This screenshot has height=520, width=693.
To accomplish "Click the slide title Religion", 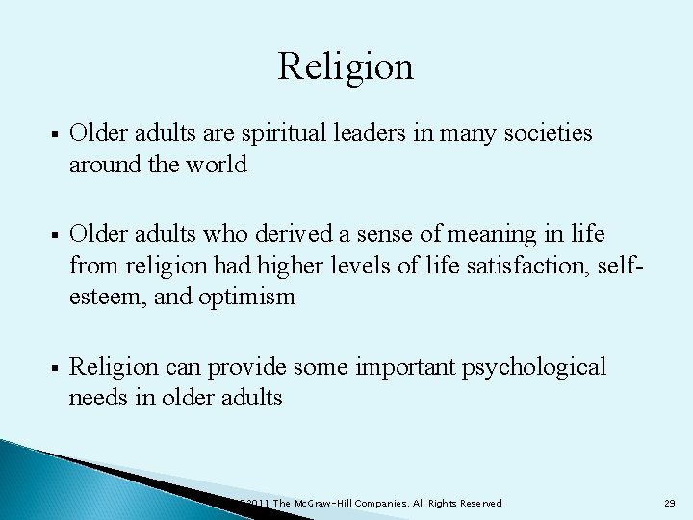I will click(x=346, y=66).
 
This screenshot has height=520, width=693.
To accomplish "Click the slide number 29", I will click(x=670, y=504).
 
